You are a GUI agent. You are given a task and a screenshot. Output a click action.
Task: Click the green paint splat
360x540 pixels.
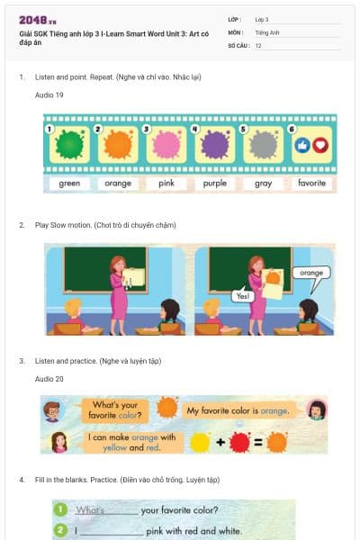[x=68, y=144]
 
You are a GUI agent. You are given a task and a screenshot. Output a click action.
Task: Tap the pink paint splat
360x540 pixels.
[x=166, y=144]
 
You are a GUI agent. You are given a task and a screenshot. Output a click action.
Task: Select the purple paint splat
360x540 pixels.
[x=214, y=144]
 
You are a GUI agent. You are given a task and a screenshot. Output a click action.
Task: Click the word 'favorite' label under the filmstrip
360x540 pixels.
[x=311, y=184]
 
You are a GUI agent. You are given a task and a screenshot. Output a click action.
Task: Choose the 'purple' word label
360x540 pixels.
[x=214, y=184]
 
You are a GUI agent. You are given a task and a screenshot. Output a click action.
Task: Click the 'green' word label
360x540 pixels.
[x=69, y=184]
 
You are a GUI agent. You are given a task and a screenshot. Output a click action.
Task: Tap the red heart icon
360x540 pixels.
[x=320, y=144]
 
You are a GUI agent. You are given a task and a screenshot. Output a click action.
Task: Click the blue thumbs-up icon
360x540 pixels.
[x=303, y=144]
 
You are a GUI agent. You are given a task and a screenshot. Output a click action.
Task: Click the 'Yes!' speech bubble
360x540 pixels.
[x=241, y=295]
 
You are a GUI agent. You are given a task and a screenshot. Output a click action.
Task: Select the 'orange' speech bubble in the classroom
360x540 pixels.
[x=311, y=272]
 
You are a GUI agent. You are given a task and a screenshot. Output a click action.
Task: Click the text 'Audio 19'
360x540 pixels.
[x=49, y=94]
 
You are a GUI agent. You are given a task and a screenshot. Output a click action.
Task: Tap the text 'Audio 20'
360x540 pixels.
[x=49, y=379]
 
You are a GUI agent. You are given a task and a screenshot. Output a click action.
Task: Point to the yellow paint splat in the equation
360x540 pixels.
[x=201, y=442]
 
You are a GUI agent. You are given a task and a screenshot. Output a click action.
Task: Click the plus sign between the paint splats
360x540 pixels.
[x=220, y=442]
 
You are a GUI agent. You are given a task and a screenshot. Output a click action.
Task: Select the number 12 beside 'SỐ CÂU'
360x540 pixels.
[x=258, y=45]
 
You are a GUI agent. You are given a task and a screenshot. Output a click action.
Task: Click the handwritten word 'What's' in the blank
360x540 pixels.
[x=91, y=510]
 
